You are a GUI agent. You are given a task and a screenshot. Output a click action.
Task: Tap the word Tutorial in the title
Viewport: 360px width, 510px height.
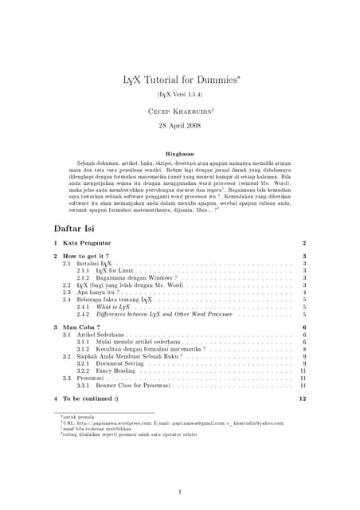point(162,80)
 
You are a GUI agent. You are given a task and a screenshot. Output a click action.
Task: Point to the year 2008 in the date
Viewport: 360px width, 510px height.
point(193,126)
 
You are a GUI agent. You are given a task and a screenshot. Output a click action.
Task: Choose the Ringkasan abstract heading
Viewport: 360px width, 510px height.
point(180,153)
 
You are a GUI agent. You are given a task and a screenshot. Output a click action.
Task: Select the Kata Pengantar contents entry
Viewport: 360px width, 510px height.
point(87,242)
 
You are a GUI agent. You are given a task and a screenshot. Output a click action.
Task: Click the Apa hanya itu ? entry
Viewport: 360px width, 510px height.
point(99,292)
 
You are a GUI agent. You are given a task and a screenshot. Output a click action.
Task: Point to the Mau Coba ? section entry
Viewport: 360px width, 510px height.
point(81,328)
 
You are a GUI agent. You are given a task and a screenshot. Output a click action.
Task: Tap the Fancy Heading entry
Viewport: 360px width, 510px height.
point(115,371)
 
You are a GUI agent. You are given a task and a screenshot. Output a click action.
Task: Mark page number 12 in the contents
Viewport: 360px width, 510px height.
point(303,398)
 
